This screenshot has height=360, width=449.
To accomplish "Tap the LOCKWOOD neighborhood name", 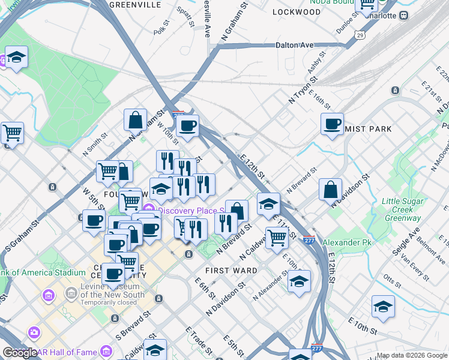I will click(297, 12).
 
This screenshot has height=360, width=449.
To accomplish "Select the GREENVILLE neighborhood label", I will click(135, 4).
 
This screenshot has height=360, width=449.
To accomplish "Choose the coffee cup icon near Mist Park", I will click(332, 124).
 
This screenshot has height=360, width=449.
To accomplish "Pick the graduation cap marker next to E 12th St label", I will click(268, 204).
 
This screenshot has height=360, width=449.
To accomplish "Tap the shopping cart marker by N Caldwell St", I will click(277, 237).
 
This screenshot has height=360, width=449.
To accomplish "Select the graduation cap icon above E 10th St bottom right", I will click(383, 307).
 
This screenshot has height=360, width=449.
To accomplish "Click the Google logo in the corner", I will click(20, 352).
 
